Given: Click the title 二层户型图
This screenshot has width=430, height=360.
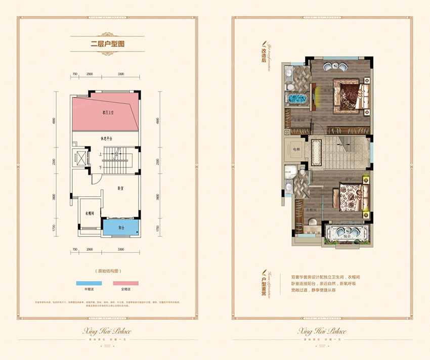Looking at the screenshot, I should [x=104, y=43].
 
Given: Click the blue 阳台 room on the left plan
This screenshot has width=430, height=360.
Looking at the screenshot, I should [x=121, y=227].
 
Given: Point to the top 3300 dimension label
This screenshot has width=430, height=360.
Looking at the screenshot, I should [x=121, y=74].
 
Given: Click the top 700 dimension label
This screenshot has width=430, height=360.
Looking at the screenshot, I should [x=74, y=74].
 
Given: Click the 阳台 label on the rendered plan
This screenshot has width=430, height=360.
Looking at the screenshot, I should [x=347, y=236].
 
